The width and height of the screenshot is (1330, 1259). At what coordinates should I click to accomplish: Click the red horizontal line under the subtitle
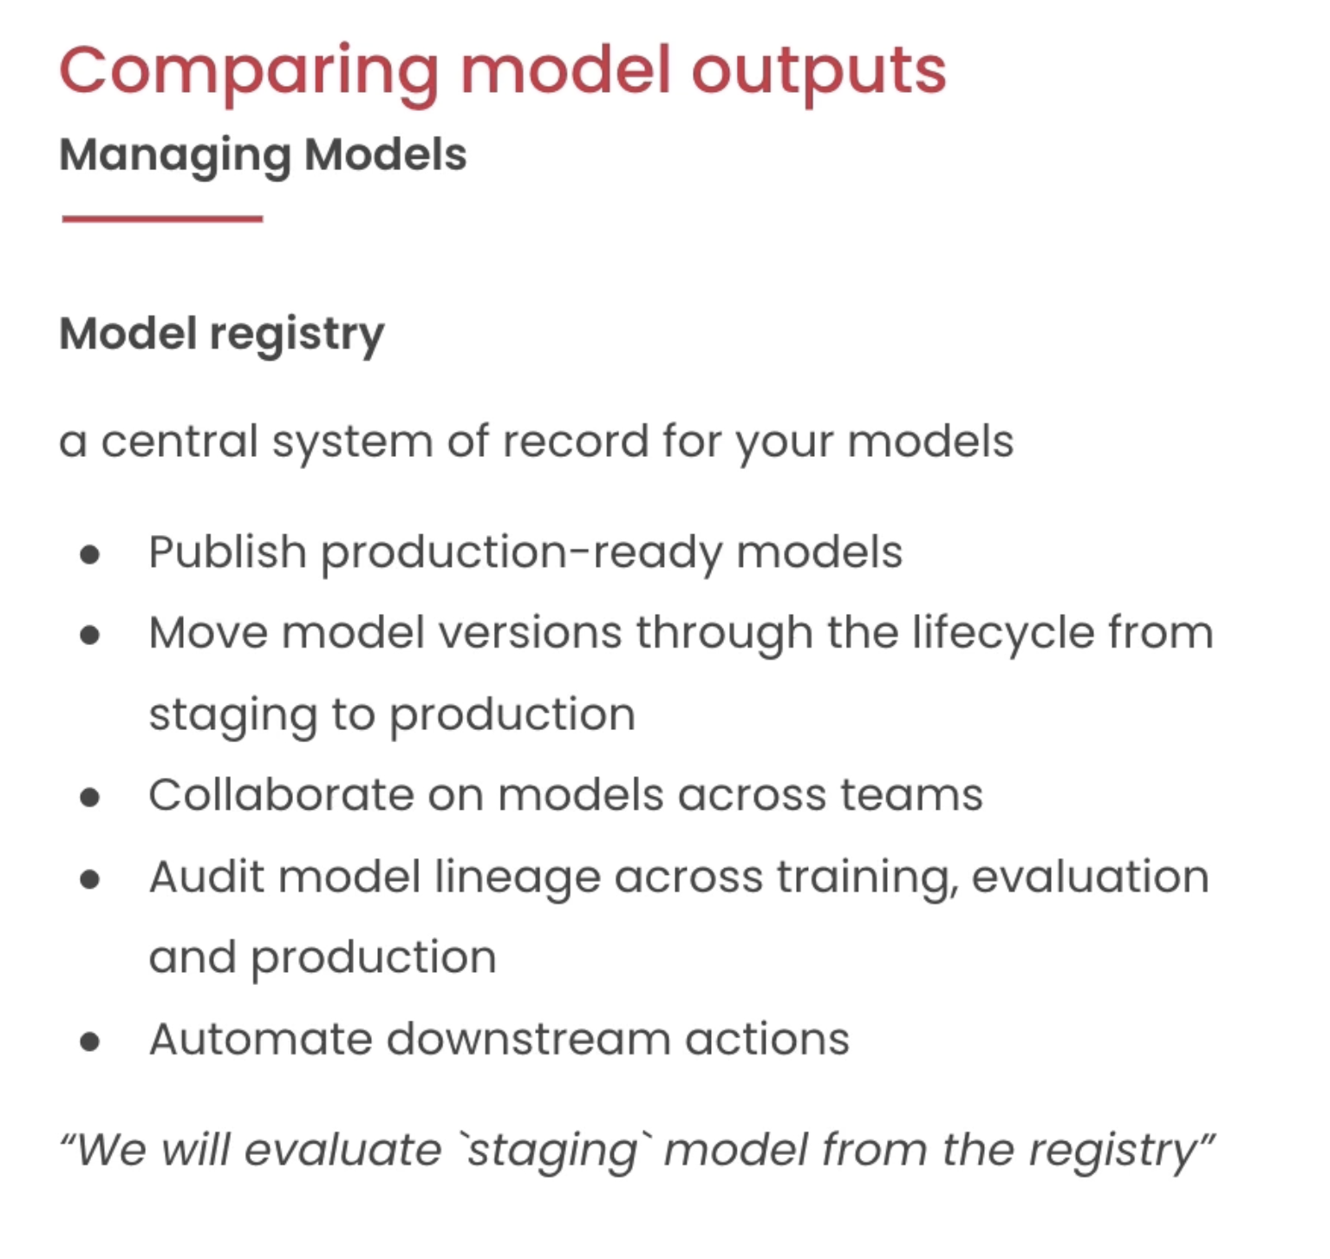tap(162, 219)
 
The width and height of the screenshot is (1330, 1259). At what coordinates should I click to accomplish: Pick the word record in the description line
tap(576, 440)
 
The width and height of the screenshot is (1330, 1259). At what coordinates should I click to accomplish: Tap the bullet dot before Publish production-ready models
tap(89, 554)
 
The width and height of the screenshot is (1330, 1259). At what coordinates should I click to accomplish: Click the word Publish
tap(227, 552)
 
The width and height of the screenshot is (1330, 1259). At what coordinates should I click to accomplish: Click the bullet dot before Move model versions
tap(89, 636)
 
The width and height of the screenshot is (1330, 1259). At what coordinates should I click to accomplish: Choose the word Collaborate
tap(281, 795)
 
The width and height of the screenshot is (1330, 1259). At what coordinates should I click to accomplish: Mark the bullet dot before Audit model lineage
tap(89, 879)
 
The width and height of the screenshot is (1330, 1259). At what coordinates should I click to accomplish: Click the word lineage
tap(518, 877)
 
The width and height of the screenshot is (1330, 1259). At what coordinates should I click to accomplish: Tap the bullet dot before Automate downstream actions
tap(89, 1041)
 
